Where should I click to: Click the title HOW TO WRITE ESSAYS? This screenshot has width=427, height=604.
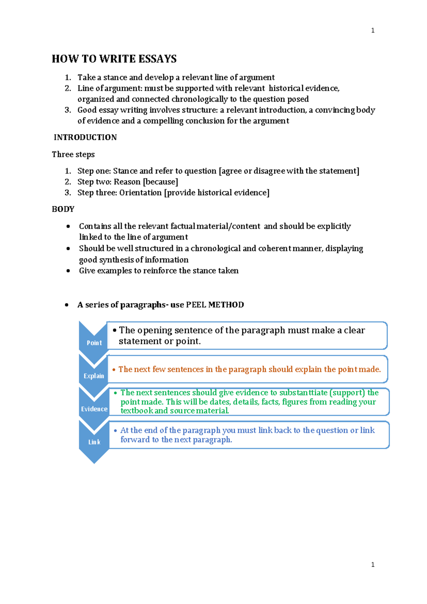pos(114,59)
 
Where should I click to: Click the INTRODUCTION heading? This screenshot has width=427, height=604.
pos(85,137)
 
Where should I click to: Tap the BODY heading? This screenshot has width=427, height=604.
pos(63,209)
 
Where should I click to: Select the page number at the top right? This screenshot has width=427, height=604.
pos(373,31)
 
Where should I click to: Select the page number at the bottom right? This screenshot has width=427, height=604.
pos(373,564)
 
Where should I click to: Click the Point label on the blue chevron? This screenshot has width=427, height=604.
pos(94,343)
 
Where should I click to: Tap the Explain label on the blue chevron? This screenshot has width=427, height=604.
pos(94,376)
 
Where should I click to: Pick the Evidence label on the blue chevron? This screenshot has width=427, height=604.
pos(94,409)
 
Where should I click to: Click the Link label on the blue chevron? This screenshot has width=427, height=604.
pos(94,442)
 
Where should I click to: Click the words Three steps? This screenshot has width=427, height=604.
pos(73,155)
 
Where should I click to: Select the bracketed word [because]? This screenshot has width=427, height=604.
pos(160,182)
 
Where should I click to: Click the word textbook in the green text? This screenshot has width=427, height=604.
pos(137,411)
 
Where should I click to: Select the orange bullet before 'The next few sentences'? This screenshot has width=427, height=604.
pos(114,370)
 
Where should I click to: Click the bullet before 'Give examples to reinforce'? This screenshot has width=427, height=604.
pos(68,271)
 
